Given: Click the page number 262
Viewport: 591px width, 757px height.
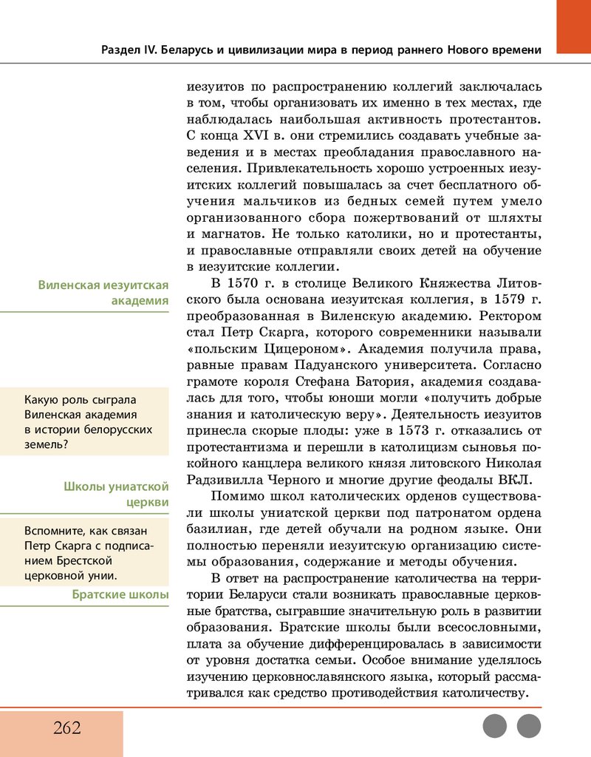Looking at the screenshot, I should [66, 727].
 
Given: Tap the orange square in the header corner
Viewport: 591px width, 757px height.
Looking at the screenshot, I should [573, 27].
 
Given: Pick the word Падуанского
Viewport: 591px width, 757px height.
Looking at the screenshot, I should [351, 364].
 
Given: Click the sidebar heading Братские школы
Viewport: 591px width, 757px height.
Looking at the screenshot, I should [120, 595].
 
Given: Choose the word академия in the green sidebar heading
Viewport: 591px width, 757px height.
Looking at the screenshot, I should [140, 301].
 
